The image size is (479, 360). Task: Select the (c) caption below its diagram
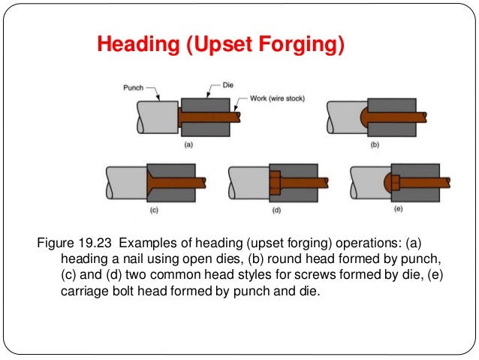click(x=153, y=211)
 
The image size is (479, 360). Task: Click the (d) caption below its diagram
click(x=276, y=211)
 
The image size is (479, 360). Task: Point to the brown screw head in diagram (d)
click(x=273, y=183)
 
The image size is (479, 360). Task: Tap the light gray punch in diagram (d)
click(x=246, y=183)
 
